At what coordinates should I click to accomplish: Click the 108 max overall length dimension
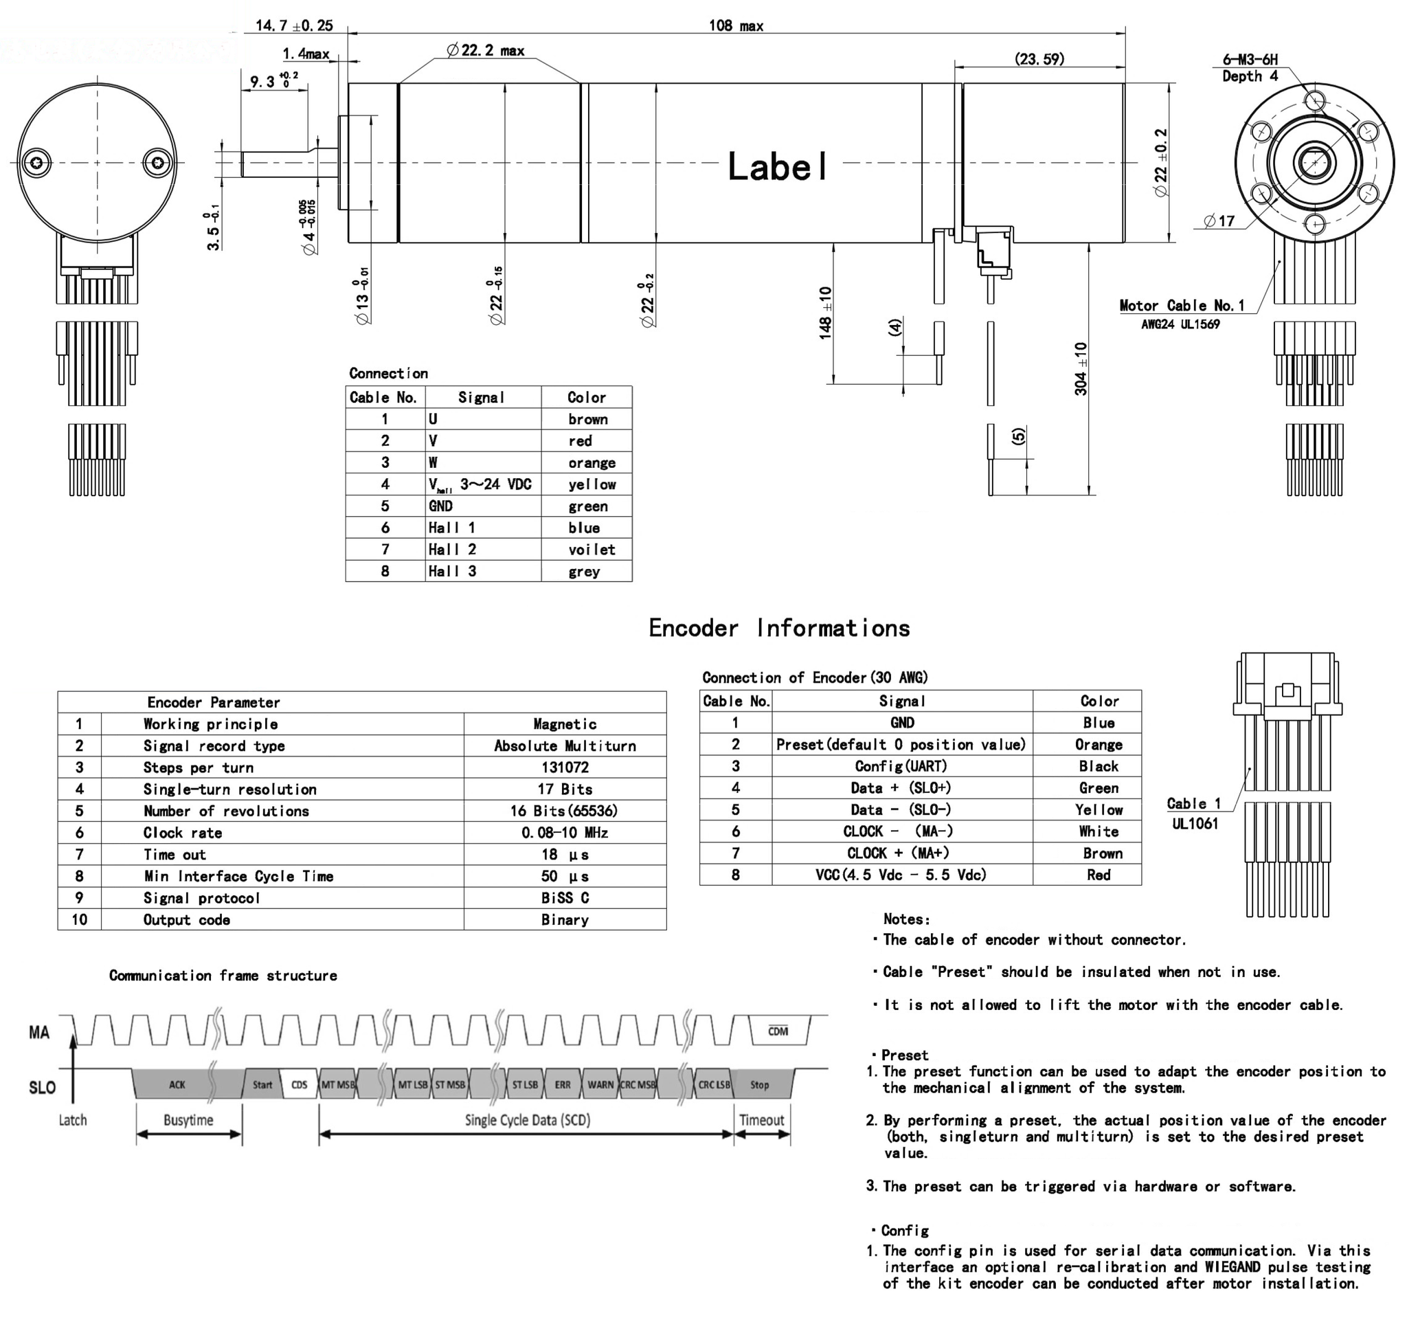(x=736, y=26)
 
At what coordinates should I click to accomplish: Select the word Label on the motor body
(x=777, y=167)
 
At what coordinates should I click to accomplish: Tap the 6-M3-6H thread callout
(x=1250, y=60)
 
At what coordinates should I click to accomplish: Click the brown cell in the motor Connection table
(x=587, y=419)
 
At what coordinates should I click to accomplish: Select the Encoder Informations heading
(x=779, y=629)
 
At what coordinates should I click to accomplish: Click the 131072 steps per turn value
(x=564, y=767)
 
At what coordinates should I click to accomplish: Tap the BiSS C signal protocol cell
(x=564, y=898)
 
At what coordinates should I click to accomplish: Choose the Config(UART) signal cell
(x=901, y=766)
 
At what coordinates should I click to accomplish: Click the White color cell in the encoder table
(x=1099, y=831)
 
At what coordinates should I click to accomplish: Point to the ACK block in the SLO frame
(x=177, y=1084)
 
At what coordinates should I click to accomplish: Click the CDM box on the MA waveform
(x=778, y=1031)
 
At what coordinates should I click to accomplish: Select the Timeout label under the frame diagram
(x=761, y=1120)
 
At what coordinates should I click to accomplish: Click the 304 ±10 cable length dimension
(x=1081, y=368)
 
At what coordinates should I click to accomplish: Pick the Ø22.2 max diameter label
(x=486, y=50)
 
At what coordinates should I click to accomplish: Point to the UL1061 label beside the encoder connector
(x=1195, y=824)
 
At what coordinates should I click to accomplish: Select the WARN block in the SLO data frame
(x=600, y=1084)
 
